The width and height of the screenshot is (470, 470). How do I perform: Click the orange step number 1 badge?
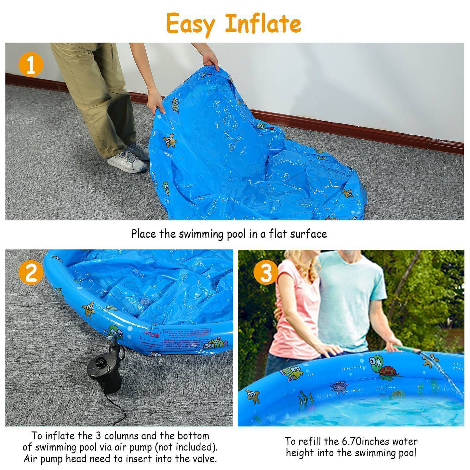coord(31,65)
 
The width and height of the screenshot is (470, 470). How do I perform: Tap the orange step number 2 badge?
coord(31,273)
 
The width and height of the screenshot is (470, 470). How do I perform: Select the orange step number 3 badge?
coord(266,273)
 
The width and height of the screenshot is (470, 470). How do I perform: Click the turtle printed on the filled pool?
coord(383,368)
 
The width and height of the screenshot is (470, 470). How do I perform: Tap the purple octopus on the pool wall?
coord(339,387)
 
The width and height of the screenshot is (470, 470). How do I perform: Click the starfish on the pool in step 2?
coord(88,309)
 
